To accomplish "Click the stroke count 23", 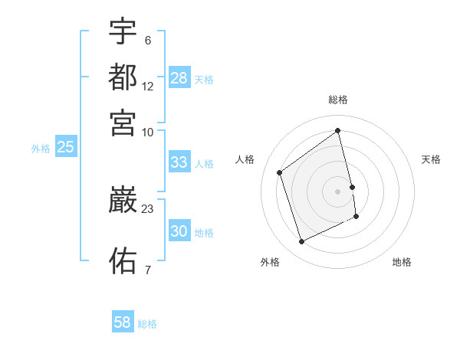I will click(148, 208).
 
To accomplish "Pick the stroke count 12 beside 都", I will click(148, 87).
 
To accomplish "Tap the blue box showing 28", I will click(179, 78).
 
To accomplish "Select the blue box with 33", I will click(179, 162).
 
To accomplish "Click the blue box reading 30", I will click(179, 231).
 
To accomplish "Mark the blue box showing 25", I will click(66, 147).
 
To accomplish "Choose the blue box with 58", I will click(123, 322).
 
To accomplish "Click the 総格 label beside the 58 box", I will click(147, 324).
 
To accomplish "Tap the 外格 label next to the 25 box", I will click(41, 149).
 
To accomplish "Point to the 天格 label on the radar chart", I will click(431, 159).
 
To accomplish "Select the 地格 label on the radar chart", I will click(402, 262).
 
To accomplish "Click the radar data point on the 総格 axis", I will click(338, 130).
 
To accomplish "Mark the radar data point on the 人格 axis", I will click(279, 172).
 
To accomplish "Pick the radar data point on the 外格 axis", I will click(301, 242).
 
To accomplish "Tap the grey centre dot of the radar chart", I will click(338, 191).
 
